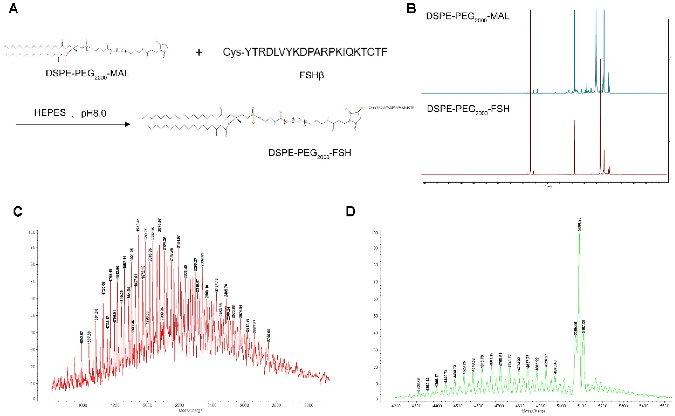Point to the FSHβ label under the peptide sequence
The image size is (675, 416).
(x=312, y=75)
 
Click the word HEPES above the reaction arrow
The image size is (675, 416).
(x=50, y=113)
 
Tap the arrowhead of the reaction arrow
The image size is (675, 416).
(x=127, y=124)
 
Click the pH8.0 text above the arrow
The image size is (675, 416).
(x=93, y=113)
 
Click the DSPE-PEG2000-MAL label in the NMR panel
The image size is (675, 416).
(x=467, y=16)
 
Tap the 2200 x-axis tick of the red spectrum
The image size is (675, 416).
(x=180, y=405)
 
